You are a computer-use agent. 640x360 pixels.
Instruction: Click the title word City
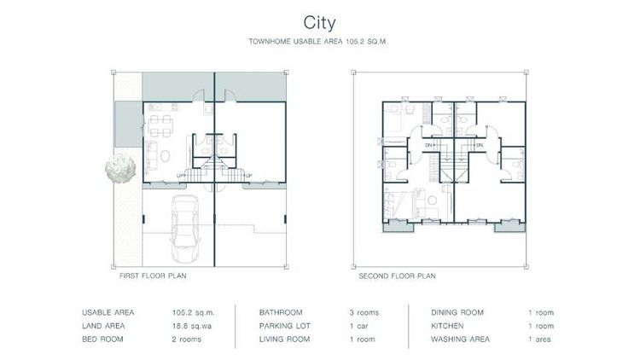(x=320, y=20)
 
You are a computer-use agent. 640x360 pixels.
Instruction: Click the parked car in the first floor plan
(x=185, y=228)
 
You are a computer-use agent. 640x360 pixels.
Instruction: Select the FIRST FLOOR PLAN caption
(x=154, y=276)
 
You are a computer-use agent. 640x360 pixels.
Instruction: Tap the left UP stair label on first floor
(x=180, y=176)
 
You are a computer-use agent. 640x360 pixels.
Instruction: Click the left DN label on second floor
(x=429, y=145)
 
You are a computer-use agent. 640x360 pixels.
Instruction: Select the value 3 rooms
(x=363, y=311)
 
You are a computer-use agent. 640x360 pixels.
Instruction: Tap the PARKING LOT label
(x=282, y=325)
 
